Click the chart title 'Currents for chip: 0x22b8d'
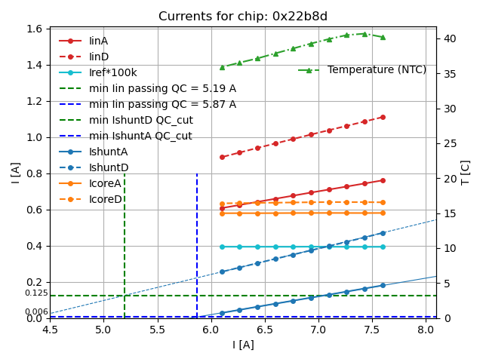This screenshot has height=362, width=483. pyautogui.click(x=243, y=17)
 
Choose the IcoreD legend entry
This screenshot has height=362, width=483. pyautogui.click(x=106, y=199)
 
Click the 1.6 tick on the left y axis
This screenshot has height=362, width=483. pyautogui.click(x=36, y=29)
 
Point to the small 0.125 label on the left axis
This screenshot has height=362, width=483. pyautogui.click(x=36, y=293)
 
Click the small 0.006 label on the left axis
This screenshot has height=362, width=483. pyautogui.click(x=36, y=311)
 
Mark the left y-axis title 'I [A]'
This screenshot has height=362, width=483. pyautogui.click(x=16, y=173)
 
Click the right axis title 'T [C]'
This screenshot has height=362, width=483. pyautogui.click(x=466, y=173)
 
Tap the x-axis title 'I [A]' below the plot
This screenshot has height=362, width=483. pyautogui.click(x=243, y=345)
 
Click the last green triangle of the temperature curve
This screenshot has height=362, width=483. pyautogui.click(x=383, y=37)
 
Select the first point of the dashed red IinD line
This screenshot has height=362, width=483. pyautogui.click(x=222, y=157)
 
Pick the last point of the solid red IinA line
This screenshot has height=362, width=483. pyautogui.click(x=383, y=180)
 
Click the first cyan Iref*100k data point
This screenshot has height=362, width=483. pyautogui.click(x=222, y=247)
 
